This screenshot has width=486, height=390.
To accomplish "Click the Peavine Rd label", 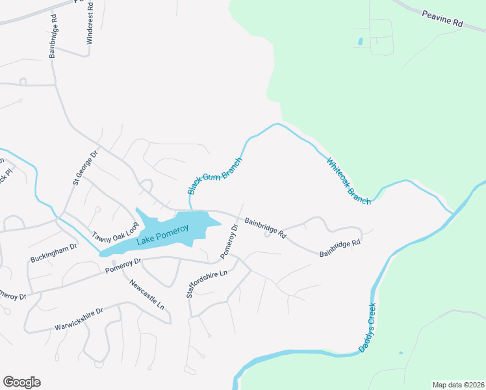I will tap(441, 18).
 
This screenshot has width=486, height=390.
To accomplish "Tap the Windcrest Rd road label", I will tap(90, 23).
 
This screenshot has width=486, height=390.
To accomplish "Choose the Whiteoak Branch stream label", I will tap(348, 181).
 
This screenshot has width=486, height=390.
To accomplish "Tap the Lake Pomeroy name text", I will tap(162, 235).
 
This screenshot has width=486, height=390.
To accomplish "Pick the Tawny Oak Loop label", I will tap(116, 233).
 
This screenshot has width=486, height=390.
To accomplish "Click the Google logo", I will tap(21, 382).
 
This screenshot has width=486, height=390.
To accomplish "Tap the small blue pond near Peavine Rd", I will tap(360, 42).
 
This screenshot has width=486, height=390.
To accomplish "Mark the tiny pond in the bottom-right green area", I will tap(400, 353).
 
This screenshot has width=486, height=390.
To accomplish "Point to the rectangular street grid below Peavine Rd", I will tap(381, 36).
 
